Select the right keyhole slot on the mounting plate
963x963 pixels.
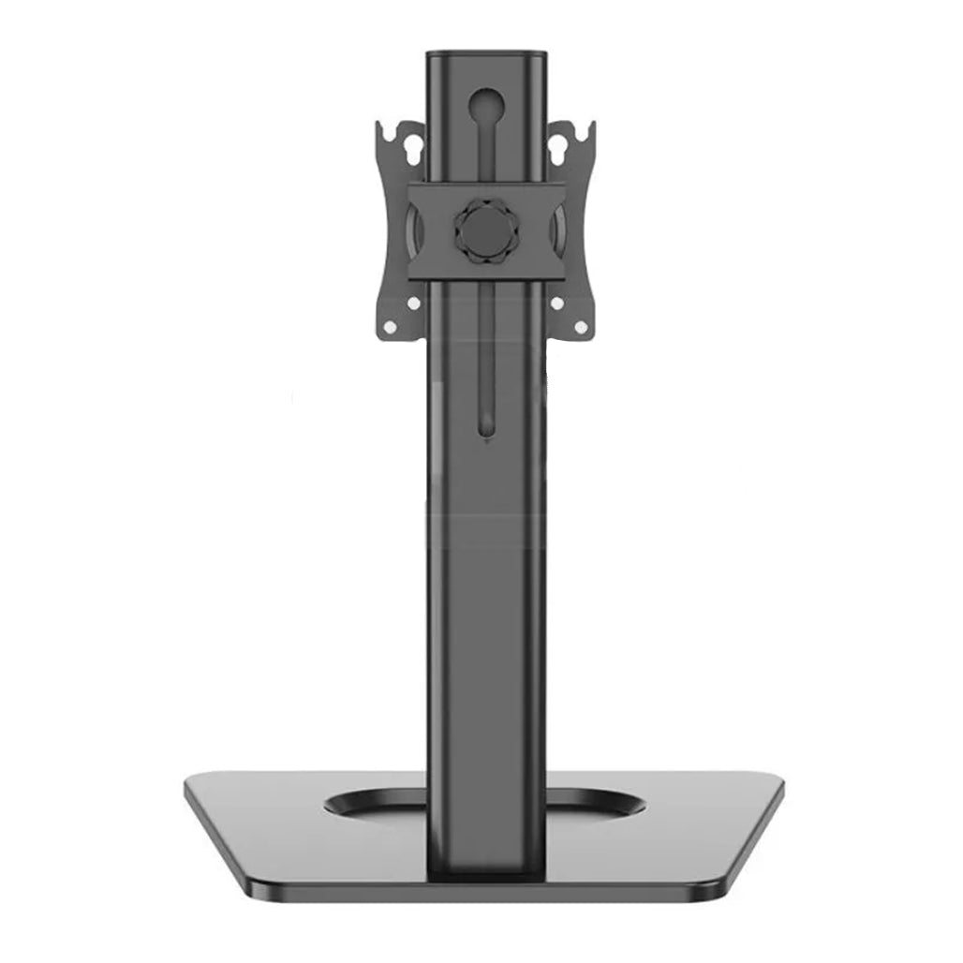pos(560,146)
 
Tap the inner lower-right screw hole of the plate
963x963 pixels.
pos(556,303)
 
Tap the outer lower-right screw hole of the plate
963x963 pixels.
pos(580,327)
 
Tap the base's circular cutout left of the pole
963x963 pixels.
pos(375,804)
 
